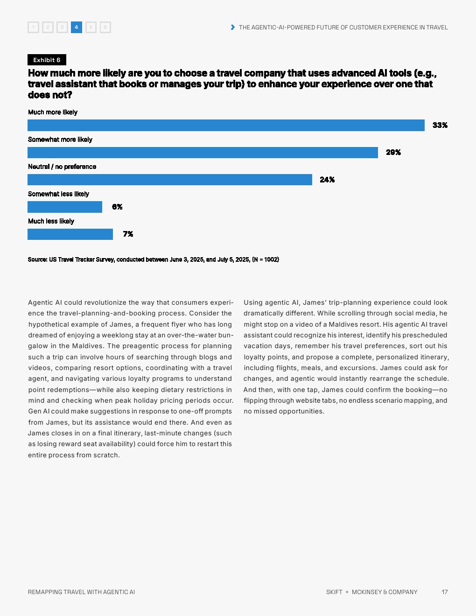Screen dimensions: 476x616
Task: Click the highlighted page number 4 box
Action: click(76, 27)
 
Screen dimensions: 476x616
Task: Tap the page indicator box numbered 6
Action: click(105, 27)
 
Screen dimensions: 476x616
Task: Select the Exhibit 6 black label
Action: click(47, 60)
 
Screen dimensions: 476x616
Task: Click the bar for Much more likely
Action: click(226, 125)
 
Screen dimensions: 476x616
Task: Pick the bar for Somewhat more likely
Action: click(203, 153)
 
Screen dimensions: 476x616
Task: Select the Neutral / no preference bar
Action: click(170, 180)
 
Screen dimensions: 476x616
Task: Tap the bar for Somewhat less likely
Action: click(65, 207)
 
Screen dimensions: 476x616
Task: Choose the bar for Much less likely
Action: click(70, 234)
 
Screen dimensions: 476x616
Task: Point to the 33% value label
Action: click(440, 125)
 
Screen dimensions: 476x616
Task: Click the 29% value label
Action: click(393, 153)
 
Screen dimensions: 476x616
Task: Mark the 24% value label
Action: click(327, 180)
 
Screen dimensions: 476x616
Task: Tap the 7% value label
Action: click(128, 234)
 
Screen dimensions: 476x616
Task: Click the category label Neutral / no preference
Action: click(62, 167)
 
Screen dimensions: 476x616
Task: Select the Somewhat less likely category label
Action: click(58, 194)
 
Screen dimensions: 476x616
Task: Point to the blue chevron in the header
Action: click(233, 27)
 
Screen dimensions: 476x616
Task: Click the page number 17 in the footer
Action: click(445, 592)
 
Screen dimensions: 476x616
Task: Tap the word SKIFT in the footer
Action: click(334, 592)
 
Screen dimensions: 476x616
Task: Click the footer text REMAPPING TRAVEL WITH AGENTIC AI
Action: click(81, 592)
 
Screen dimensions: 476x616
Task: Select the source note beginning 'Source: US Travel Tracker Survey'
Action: click(154, 259)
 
